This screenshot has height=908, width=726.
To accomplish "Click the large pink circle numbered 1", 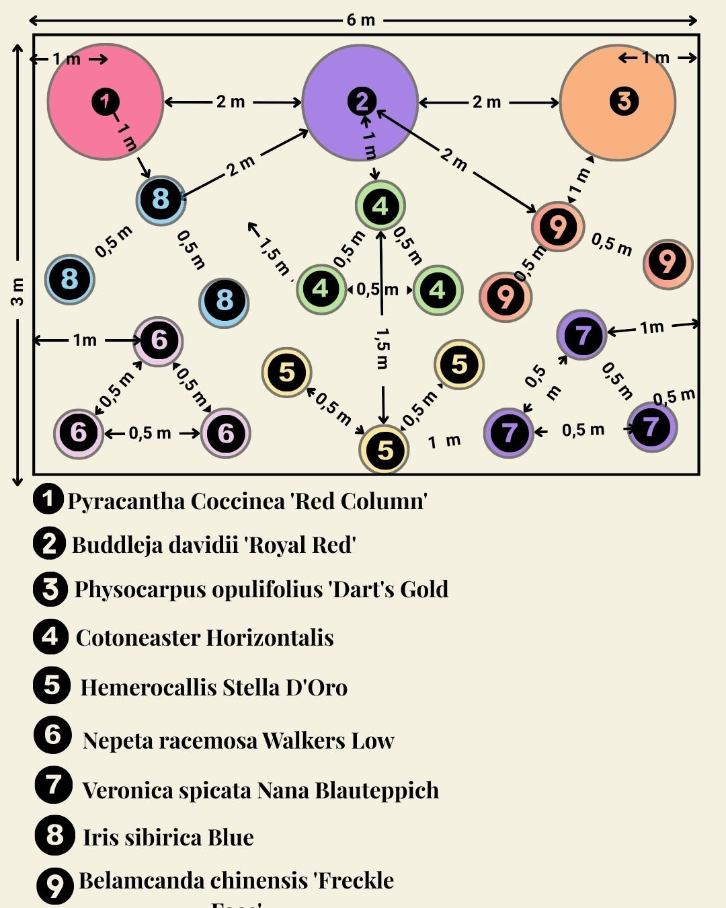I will (106, 102).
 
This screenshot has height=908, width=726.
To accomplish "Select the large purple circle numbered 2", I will (360, 102).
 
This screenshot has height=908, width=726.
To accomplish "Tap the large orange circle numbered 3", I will (618, 102).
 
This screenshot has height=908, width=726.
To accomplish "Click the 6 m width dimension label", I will (361, 20).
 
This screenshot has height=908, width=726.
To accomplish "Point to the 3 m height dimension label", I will (17, 291).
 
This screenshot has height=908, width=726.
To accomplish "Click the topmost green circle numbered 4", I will (380, 206).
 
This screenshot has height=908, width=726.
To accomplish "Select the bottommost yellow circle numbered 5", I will (385, 449).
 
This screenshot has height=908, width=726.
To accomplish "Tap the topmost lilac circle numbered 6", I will (159, 340).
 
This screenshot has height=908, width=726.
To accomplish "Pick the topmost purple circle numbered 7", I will (582, 334).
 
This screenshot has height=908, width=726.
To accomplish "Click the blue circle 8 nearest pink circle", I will (161, 200).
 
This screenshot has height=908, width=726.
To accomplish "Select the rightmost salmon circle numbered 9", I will (668, 263).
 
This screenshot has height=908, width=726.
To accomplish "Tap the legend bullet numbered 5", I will (52, 686).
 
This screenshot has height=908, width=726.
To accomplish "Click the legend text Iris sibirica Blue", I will (168, 837).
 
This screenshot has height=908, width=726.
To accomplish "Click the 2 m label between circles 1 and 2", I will (231, 102).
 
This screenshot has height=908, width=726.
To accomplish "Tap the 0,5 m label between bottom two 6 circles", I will (150, 433).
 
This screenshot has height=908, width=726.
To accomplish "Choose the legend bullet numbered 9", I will (54, 885).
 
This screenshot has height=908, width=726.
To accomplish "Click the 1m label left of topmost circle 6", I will (85, 340).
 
